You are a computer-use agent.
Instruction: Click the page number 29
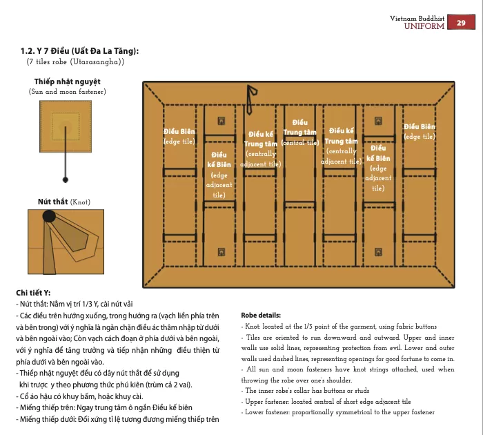pyautogui.click(x=461, y=23)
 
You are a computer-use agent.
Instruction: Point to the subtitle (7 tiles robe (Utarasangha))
pyautogui.click(x=76, y=62)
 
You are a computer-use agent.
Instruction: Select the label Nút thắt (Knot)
pyautogui.click(x=63, y=202)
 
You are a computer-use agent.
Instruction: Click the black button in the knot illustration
pyautogui.click(x=50, y=217)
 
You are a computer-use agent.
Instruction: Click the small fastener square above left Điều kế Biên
pyautogui.click(x=221, y=121)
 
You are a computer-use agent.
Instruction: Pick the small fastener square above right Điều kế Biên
pyautogui.click(x=377, y=121)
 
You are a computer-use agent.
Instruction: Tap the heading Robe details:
pyautogui.click(x=261, y=314)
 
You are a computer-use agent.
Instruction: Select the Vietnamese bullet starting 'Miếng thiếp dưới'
pyautogui.click(x=117, y=419)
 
